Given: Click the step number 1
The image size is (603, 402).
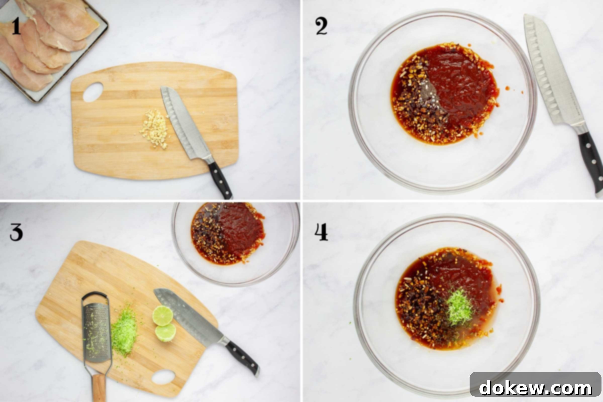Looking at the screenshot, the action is [x=16, y=26].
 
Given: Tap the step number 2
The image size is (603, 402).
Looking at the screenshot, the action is [x=321, y=26].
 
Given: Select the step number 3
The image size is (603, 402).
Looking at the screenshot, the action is [x=16, y=232].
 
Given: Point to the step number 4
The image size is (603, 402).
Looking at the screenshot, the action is [x=322, y=232].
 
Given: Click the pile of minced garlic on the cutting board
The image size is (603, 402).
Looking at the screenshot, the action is [x=155, y=129].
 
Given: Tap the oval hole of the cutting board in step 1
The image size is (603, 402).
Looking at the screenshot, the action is [x=93, y=92].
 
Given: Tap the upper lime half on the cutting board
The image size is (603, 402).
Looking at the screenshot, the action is [x=163, y=316].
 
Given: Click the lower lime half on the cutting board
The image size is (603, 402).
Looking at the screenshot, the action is [x=166, y=333].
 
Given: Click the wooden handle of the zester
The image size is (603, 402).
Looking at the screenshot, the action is [x=99, y=387].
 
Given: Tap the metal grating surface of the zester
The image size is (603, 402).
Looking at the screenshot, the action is [x=96, y=333].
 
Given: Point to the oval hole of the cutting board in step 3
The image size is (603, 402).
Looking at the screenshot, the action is [x=163, y=377].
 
